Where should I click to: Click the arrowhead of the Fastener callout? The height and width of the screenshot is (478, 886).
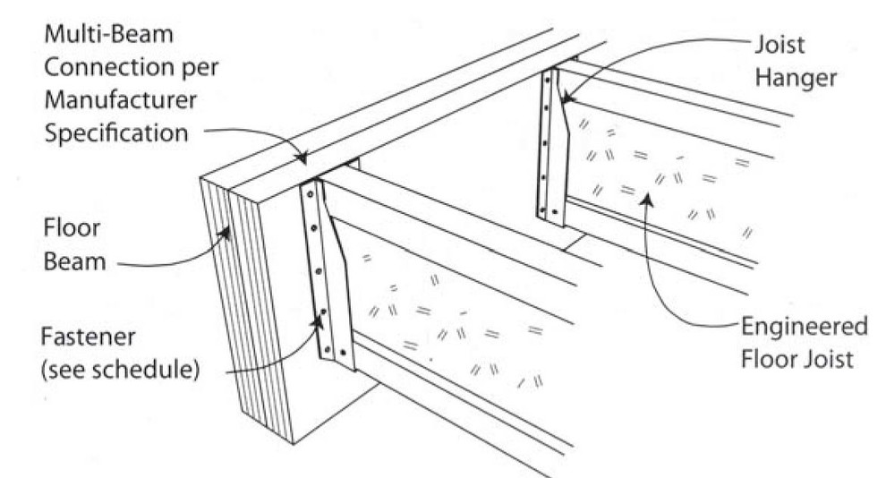(321, 313)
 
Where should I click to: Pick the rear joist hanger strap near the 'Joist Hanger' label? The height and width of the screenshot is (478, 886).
(550, 148)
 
